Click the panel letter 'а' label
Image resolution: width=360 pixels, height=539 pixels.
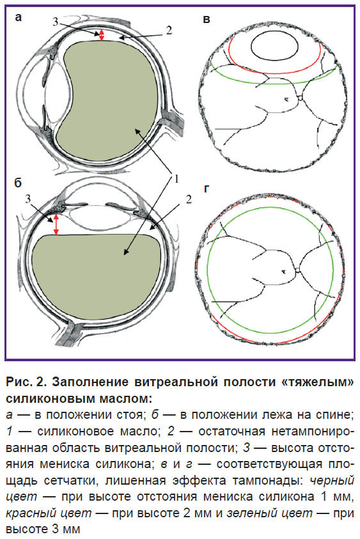point(18,17)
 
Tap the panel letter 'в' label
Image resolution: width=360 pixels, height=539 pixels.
point(207,19)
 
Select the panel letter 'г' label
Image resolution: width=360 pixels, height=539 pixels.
point(206,189)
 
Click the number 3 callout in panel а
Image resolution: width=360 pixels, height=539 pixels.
point(56,22)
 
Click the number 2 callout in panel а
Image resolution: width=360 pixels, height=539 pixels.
point(168,30)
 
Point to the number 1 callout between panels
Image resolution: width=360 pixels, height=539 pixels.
point(175,179)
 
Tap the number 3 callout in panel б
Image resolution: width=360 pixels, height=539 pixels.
point(28,199)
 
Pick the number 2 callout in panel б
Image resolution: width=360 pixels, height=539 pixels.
point(189,199)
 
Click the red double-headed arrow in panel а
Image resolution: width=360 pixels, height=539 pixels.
point(101,35)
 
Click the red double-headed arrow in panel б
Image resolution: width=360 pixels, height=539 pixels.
point(56,224)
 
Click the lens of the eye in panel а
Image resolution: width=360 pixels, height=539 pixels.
point(58,93)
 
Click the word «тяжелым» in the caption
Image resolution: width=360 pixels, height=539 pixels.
point(315,382)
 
